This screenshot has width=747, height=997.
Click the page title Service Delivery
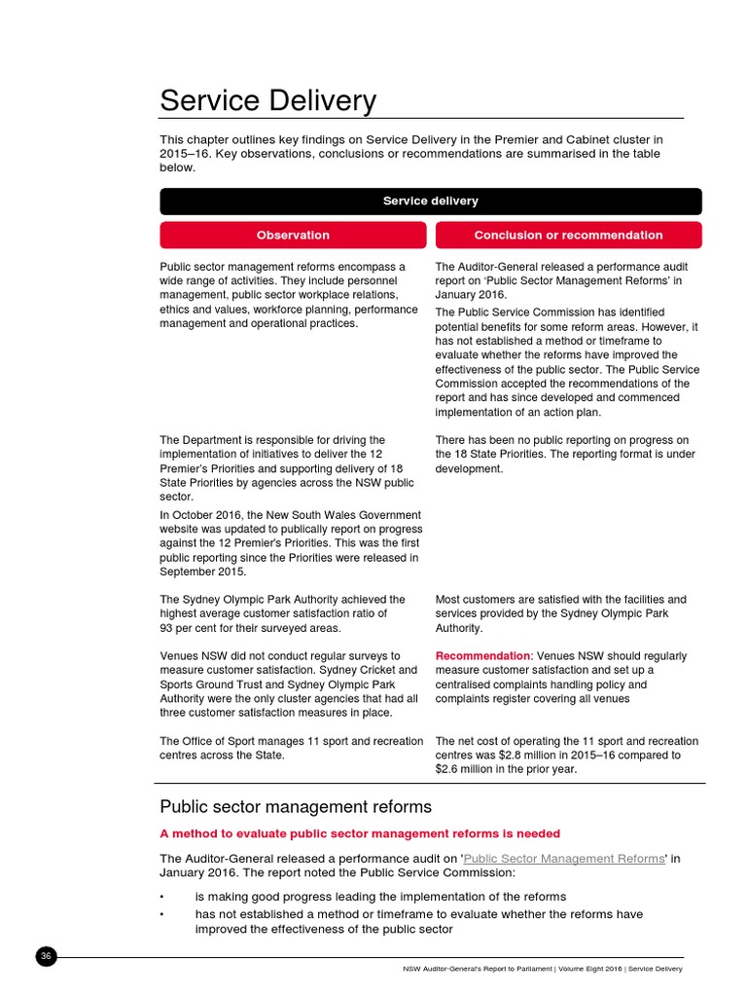coord(267,100)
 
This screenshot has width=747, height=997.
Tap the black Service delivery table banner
coord(430,201)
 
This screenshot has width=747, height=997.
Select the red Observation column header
coord(293,235)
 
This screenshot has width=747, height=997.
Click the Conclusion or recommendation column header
coord(568,235)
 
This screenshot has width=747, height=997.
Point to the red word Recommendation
coord(481,656)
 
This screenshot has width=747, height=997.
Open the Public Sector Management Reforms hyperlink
coord(564,859)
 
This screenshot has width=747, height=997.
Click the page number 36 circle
coord(46,957)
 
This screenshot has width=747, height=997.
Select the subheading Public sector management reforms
coord(296,806)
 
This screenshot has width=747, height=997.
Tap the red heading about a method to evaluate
coord(360,833)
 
